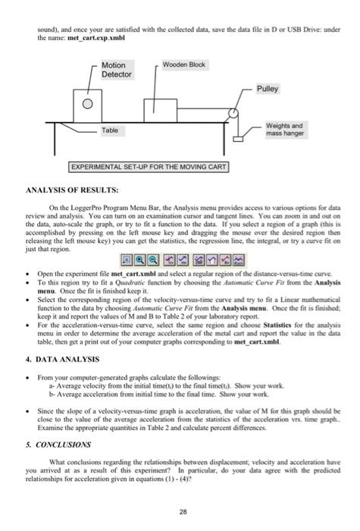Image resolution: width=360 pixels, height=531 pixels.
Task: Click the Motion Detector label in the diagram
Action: click(117, 70)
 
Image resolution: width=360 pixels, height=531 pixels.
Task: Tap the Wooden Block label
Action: click(184, 64)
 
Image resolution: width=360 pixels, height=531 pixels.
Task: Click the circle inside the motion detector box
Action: click(89, 103)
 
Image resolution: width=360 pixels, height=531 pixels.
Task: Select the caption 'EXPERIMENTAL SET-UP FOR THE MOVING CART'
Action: click(149, 166)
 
